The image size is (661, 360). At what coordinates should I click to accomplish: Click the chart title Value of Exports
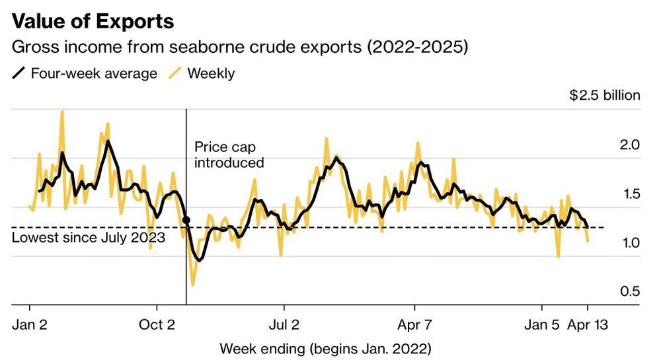93,21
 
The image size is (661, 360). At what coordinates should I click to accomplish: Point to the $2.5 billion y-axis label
605,95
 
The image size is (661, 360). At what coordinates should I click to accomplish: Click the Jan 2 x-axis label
30,325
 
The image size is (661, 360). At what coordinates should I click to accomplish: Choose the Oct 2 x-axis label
157,325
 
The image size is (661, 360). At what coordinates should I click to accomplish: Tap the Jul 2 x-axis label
284,325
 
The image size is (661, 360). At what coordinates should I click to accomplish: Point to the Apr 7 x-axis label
414,325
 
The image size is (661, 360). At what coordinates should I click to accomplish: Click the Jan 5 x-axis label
542,325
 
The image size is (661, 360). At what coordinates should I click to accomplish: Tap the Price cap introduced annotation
229,155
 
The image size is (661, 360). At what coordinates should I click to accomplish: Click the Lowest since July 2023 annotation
89,238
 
